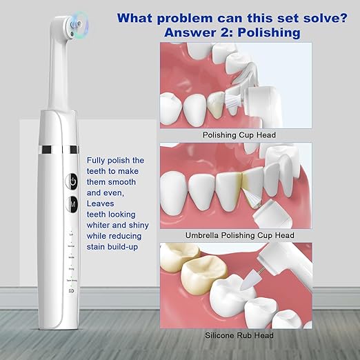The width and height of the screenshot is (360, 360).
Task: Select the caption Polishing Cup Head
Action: pos(239,135)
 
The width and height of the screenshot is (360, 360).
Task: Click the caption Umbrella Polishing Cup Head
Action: pos(239,235)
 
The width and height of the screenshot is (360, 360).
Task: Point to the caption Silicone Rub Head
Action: pos(239,335)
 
